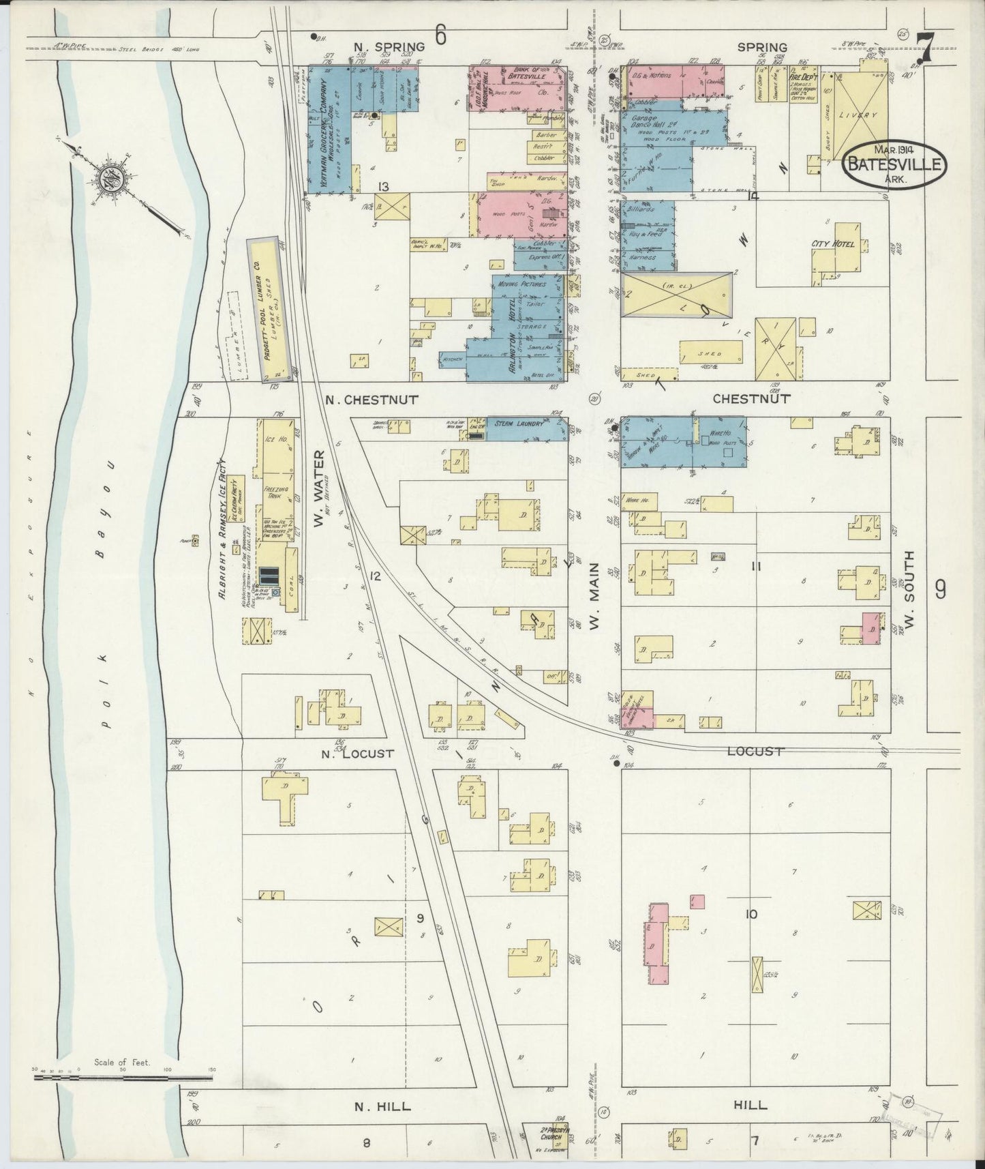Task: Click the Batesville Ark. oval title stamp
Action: coord(894,164)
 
